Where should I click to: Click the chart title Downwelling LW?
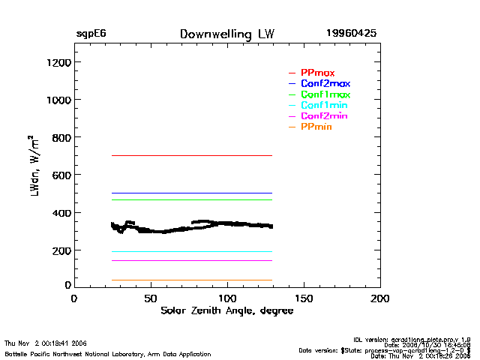(227, 34)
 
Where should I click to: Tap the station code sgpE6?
(91, 34)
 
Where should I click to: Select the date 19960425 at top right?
(351, 34)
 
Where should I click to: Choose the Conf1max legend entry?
(325, 94)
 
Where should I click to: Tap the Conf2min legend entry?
(324, 116)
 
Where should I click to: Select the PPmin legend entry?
(316, 127)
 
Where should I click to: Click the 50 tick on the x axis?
(151, 298)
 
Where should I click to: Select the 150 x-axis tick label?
(304, 298)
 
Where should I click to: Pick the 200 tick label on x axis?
(380, 298)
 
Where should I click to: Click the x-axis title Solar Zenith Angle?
(226, 310)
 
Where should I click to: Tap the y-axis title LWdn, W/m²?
(34, 166)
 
